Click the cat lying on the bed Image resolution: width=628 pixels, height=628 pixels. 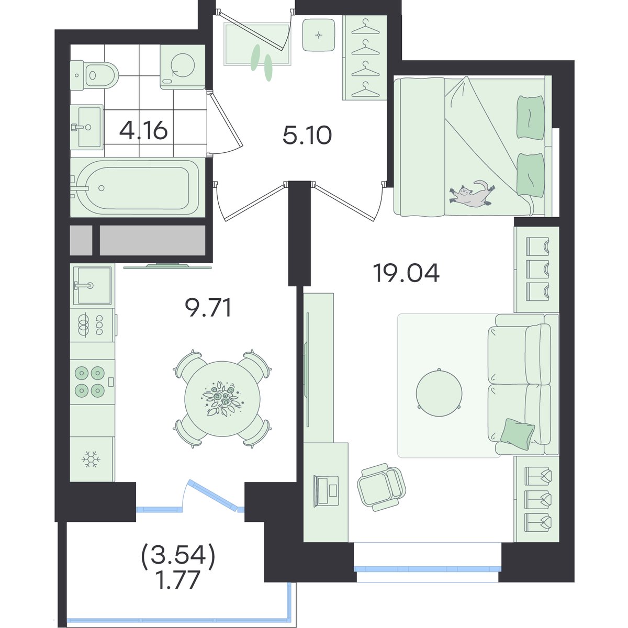click(x=472, y=194)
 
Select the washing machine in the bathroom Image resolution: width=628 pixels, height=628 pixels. click(x=183, y=67)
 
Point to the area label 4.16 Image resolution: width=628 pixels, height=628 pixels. click(x=143, y=131)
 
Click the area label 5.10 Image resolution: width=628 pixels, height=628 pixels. click(x=307, y=136)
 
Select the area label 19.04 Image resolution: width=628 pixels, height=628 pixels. click(x=407, y=273)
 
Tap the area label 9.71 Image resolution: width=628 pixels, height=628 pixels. click(x=208, y=308)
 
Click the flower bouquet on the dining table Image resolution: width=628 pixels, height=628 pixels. click(x=222, y=399)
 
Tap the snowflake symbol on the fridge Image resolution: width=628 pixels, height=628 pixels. click(x=91, y=459)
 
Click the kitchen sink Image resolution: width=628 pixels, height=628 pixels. click(x=92, y=286)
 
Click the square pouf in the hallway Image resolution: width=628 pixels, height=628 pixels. click(x=318, y=35)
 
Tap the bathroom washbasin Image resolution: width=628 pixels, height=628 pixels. click(x=86, y=126)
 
